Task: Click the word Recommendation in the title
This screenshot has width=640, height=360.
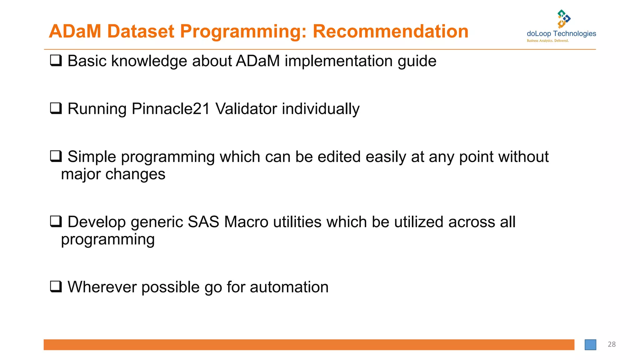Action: coord(390,32)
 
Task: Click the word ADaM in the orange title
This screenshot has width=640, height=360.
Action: coord(75,32)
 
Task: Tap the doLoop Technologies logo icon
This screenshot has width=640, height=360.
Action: coord(563,19)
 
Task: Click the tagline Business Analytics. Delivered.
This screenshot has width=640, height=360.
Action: coord(547,41)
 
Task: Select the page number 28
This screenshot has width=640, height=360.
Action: coord(612,344)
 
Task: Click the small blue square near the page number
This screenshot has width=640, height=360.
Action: coord(590,345)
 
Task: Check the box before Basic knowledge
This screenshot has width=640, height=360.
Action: coord(56,60)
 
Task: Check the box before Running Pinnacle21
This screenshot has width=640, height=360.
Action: coord(56,108)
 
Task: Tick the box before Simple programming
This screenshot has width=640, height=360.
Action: coord(56,156)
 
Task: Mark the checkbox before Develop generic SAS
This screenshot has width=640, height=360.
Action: coord(56,222)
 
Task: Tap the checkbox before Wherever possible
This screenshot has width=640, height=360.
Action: coord(56,287)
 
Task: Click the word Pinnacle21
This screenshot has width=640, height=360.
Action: coord(171,109)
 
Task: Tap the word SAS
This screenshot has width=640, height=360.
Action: coord(203,222)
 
